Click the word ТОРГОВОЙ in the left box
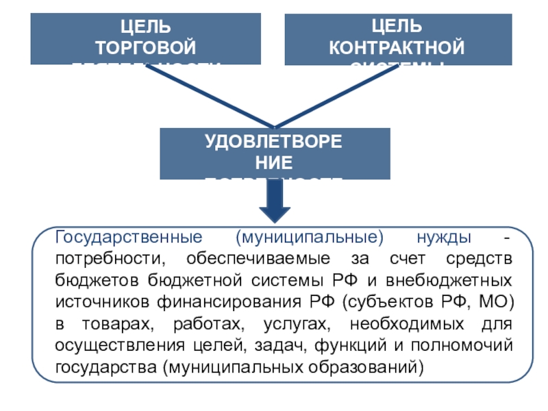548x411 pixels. point(145,47)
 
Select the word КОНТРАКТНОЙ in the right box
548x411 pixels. point(397,47)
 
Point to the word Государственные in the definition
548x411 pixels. point(128,238)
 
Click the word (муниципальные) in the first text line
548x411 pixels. point(309,238)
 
